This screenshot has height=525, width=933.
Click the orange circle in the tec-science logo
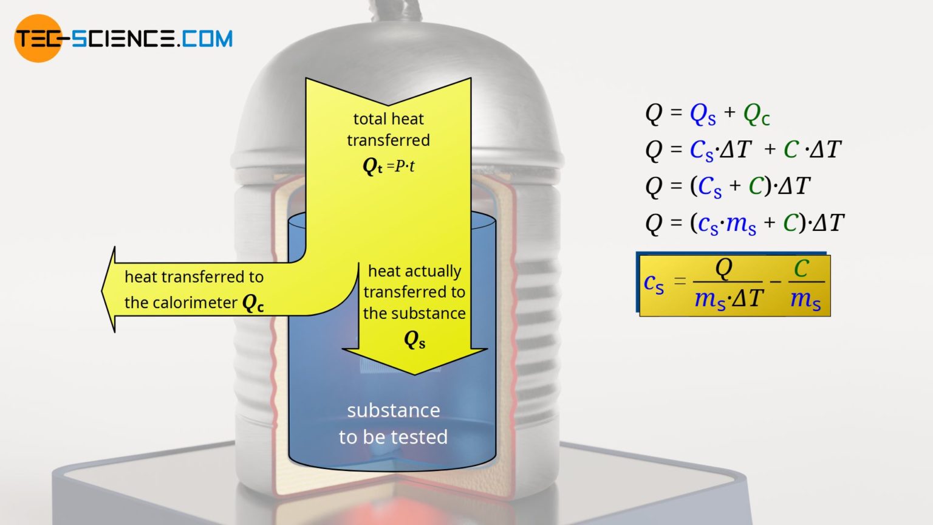(x=38, y=38)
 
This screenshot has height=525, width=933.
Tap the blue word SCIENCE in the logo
(x=124, y=39)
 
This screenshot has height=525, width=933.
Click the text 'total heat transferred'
(x=388, y=129)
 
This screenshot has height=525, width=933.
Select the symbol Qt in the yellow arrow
(x=372, y=166)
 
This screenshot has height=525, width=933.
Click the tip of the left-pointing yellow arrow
(x=104, y=290)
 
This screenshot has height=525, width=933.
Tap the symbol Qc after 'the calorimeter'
(x=253, y=303)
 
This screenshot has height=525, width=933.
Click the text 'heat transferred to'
(x=194, y=277)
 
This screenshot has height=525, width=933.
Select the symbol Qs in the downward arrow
(x=414, y=340)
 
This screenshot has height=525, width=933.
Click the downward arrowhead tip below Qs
(x=415, y=372)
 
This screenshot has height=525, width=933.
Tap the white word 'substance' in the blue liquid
(x=394, y=411)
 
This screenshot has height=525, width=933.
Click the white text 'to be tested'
(x=393, y=437)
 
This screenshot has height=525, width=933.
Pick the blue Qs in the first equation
(x=702, y=114)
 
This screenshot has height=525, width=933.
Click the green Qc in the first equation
(x=756, y=114)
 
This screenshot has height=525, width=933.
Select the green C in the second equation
(x=791, y=149)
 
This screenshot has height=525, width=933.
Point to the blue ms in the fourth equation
(x=741, y=224)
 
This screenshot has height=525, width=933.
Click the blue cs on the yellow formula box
(x=654, y=283)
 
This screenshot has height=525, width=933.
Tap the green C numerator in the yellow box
(x=802, y=269)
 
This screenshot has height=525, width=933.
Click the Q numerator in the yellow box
(x=724, y=268)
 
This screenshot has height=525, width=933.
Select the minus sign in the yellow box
(x=775, y=282)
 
